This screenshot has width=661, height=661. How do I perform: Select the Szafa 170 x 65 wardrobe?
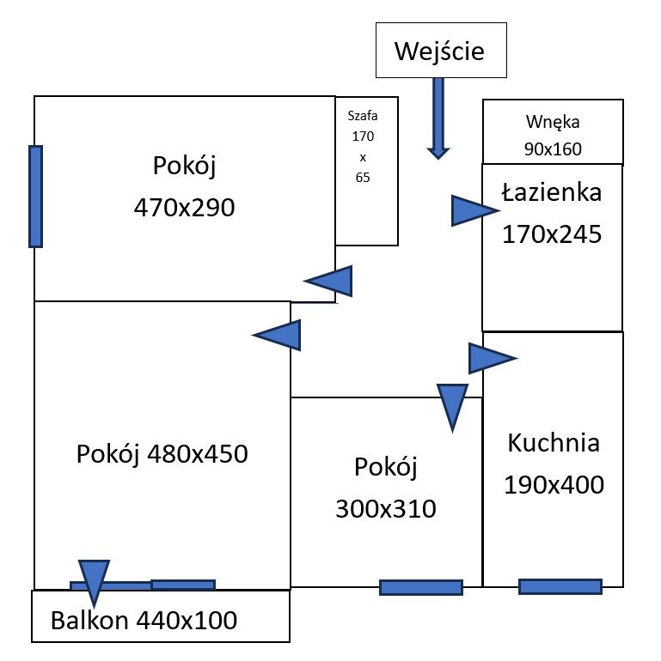tap(366, 171)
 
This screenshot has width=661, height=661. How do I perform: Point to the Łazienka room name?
tap(551, 193)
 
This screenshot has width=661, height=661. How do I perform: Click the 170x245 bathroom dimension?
tap(551, 233)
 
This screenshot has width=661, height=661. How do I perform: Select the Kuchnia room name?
tap(553, 443)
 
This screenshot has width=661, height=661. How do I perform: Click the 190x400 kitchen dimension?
tap(553, 484)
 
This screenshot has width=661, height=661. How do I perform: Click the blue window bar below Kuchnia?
tap(560, 586)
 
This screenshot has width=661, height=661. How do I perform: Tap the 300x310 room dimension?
tap(385, 509)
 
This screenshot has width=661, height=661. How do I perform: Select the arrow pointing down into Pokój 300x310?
tap(452, 405)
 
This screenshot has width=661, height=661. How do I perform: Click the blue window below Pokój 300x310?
tap(420, 587)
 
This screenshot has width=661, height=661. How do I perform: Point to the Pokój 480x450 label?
tap(162, 452)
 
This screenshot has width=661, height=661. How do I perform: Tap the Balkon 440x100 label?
tap(144, 619)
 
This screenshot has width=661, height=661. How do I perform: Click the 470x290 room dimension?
tap(184, 207)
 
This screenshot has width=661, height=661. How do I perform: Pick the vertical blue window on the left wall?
tap(35, 196)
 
